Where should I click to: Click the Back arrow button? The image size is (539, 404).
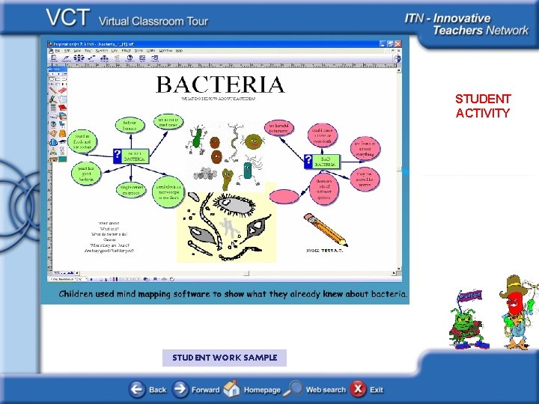pyautogui.click(x=137, y=389)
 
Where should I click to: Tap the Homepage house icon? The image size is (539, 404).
pyautogui.click(x=232, y=389)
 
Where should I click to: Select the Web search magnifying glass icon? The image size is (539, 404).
pyautogui.click(x=294, y=389)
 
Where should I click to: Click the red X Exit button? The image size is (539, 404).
pyautogui.click(x=359, y=389)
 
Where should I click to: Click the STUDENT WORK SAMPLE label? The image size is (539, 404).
pyautogui.click(x=225, y=358)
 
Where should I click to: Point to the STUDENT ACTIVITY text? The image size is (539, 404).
pyautogui.click(x=483, y=106)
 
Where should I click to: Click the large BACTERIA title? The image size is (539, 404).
pyautogui.click(x=220, y=85)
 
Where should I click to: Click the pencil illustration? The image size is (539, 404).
pyautogui.click(x=325, y=229)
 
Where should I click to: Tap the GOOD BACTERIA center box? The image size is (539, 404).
pyautogui.click(x=133, y=156)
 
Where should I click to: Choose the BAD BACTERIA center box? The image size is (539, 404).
pyautogui.click(x=323, y=160)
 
